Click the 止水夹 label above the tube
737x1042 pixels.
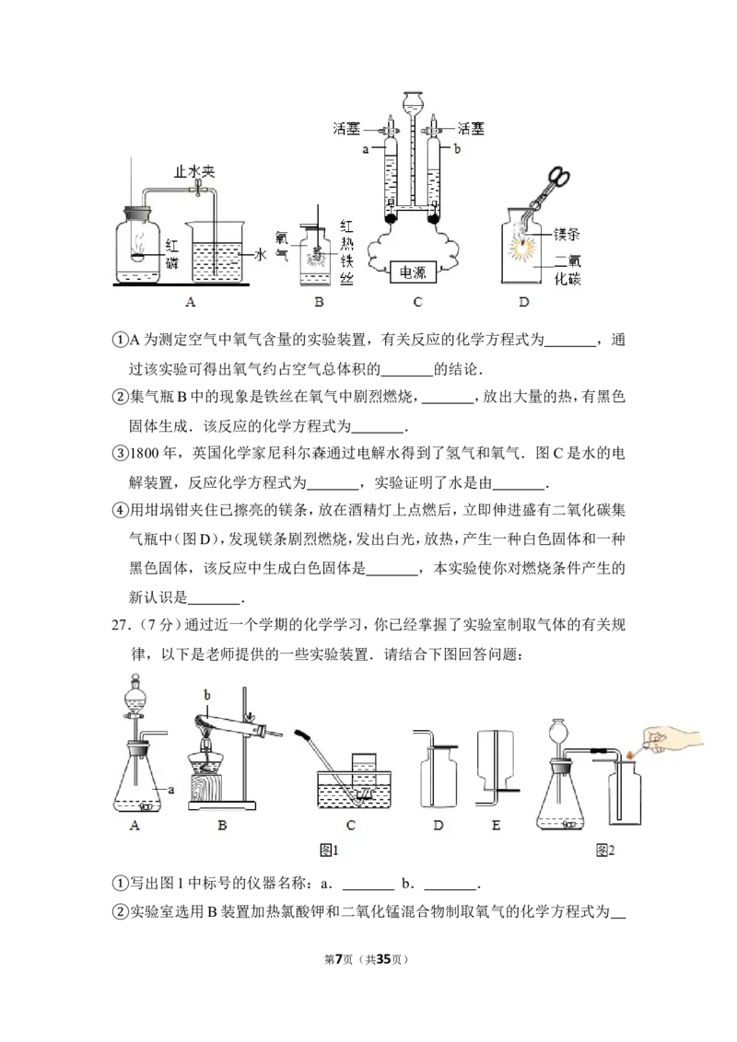(194, 172)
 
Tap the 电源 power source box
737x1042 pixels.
(413, 272)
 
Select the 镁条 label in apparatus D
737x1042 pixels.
(567, 234)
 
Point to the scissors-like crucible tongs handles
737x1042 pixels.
(557, 179)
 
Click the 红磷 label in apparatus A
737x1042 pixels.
(171, 254)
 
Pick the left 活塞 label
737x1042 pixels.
(346, 128)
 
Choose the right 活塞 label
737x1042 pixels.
(472, 128)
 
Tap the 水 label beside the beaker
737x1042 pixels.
(260, 255)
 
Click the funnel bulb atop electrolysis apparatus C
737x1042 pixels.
(413, 100)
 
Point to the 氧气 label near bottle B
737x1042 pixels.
(282, 245)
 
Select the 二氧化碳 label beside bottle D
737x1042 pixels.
(567, 271)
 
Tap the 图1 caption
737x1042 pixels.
(329, 850)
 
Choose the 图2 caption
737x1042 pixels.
(605, 850)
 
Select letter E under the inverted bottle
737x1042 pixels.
(496, 826)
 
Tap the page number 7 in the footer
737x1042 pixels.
(339, 959)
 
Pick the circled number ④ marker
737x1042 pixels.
(120, 510)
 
